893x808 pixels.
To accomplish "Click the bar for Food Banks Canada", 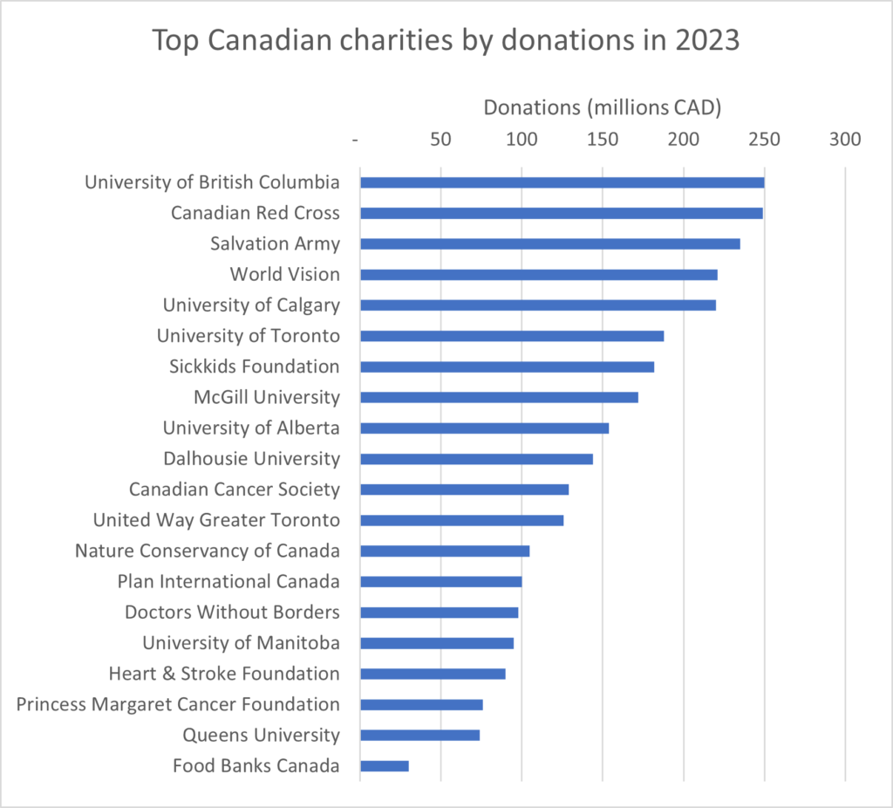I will pos(385,766).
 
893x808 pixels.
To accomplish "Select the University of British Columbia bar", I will pos(562,182).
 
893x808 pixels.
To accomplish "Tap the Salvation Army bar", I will pos(549,244).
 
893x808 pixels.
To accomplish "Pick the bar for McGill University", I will pos(499,397).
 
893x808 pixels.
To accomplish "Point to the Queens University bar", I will pos(419,735).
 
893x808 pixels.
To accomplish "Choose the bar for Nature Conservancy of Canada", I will pos(445,551).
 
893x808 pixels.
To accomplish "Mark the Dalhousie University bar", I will pos(476,459).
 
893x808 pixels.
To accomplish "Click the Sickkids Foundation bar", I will pos(507,366).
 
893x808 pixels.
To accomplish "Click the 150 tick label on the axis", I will pos(603,140).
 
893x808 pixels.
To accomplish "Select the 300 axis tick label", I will pos(845,140).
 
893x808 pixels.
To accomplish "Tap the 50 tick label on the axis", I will pos(441,140).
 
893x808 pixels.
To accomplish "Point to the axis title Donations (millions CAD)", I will pos(603,108).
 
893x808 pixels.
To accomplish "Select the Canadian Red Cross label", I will pos(256,213).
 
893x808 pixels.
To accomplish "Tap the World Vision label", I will pos(284,275).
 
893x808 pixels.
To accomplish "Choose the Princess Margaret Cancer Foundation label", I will pos(178,704).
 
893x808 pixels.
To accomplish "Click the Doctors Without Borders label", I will pos(232,612).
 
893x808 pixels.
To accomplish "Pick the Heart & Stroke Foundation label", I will pos(224,674).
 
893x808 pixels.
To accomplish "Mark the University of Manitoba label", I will pos(241,643).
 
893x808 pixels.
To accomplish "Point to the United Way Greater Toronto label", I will pos(216,520).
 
